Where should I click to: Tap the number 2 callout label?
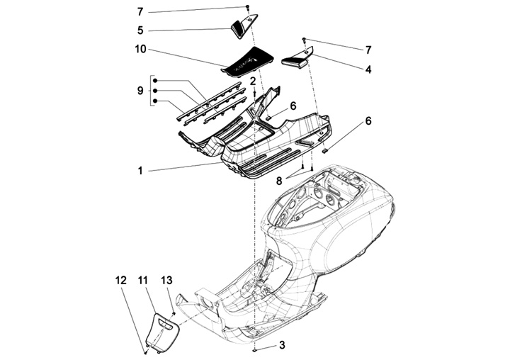coord(253,82)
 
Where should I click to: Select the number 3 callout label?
coord(282,345)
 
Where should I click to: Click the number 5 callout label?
coord(140,30)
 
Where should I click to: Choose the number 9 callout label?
coord(140,90)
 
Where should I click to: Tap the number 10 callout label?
coord(140,50)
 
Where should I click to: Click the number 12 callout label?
coord(119,282)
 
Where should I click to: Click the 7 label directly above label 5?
coord(140,12)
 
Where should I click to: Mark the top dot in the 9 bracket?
coord(154,80)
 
